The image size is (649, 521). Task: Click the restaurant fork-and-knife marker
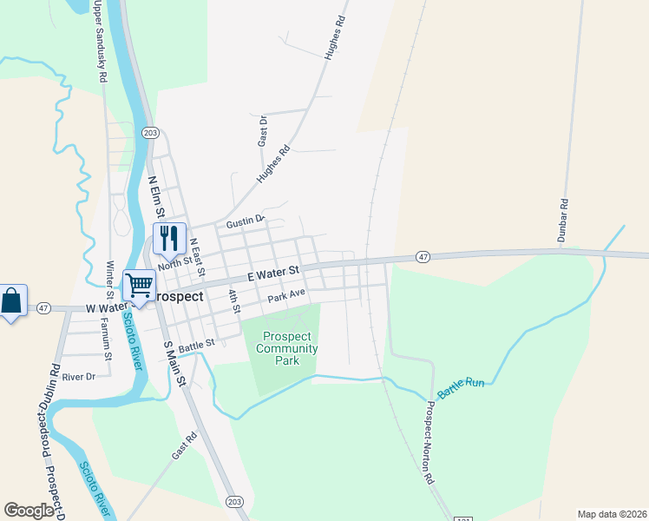pos(169,237)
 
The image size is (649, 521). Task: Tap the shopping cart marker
pos(139,284)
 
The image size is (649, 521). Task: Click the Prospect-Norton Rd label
pos(428,442)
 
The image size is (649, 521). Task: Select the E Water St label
pos(272,274)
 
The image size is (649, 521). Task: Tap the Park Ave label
pos(286,296)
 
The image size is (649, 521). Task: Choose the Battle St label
pos(197,345)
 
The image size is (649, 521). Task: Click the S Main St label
pos(174,364)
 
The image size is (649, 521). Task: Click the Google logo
pos(29,511)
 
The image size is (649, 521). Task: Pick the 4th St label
pos(233,300)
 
